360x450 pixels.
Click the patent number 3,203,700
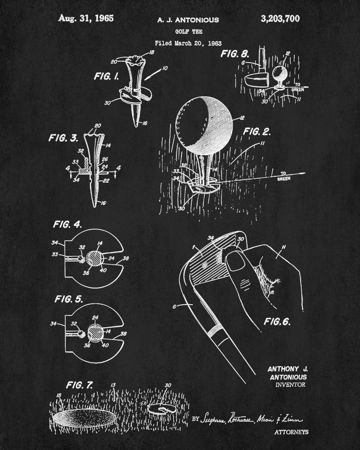pos(280,19)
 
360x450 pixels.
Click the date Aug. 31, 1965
pos(85,19)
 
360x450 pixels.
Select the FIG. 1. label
pos(106,76)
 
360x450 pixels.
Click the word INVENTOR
pos(291,385)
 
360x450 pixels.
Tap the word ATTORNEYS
pos(291,432)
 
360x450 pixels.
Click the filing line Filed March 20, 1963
pos(182,44)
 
